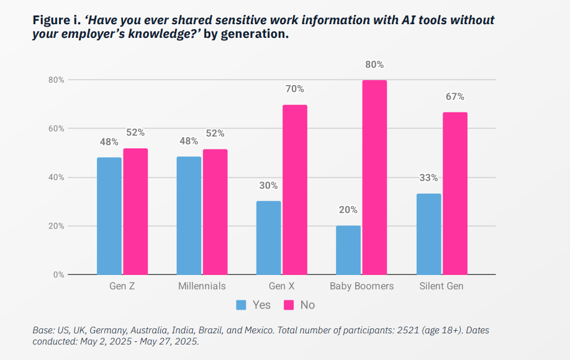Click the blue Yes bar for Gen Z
(x=109, y=216)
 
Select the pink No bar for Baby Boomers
(x=374, y=178)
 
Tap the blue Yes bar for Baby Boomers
(x=348, y=250)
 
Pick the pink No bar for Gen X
(x=295, y=190)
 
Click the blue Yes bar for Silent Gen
(x=428, y=234)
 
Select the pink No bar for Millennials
(x=215, y=212)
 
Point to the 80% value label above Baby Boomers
(x=374, y=65)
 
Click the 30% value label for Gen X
(x=268, y=186)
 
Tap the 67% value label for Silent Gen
(x=455, y=97)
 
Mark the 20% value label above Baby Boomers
(x=348, y=210)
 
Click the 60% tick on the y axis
(x=57, y=128)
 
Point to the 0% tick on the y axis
(x=58, y=274)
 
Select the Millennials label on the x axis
(x=202, y=286)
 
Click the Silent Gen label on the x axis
(x=441, y=286)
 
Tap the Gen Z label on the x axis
(x=122, y=286)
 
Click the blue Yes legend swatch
(x=242, y=305)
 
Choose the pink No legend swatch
(x=289, y=305)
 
